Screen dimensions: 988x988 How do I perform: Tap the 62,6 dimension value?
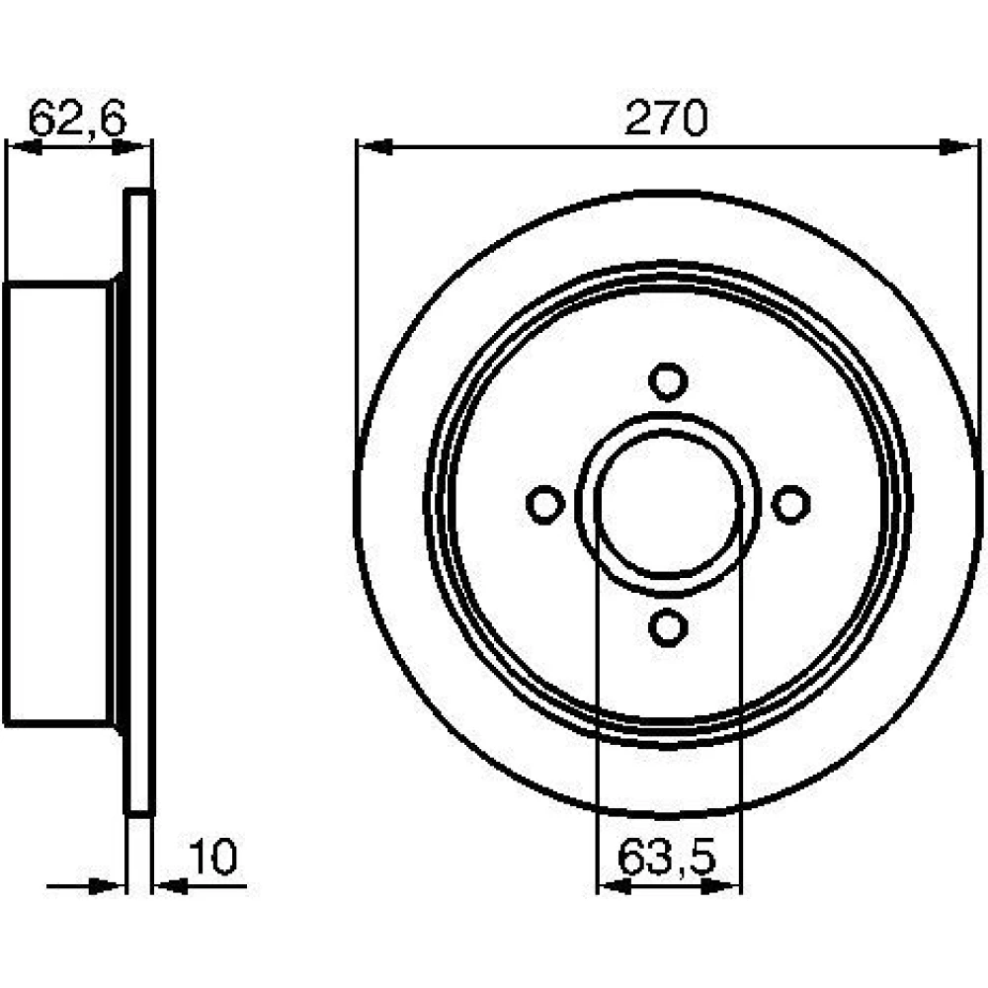coord(77,118)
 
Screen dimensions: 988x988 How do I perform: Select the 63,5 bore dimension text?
coord(667,857)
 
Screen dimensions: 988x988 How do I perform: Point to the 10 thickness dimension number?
coord(213,857)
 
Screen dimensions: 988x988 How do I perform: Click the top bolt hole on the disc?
coord(668,381)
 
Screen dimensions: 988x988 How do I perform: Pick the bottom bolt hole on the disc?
coord(668,627)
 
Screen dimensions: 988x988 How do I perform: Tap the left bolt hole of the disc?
coord(545,505)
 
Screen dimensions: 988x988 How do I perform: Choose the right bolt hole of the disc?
coord(790,505)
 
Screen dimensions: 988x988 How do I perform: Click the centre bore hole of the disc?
coord(668,505)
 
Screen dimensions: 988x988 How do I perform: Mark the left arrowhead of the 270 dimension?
coord(374,147)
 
